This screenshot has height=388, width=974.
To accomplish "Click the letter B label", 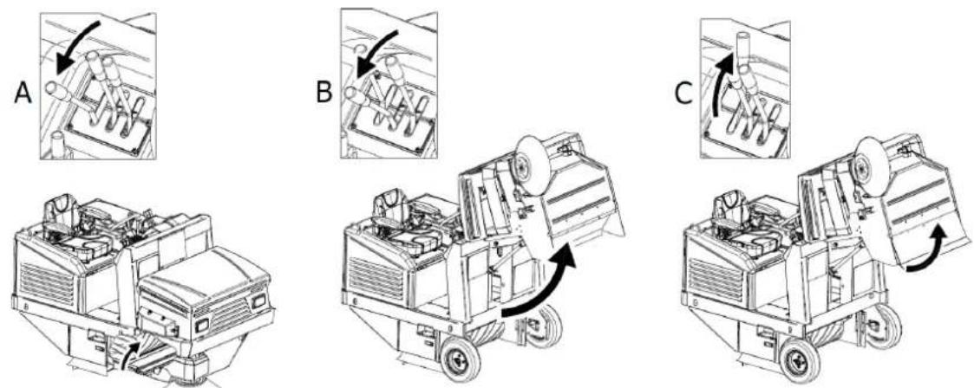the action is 324,92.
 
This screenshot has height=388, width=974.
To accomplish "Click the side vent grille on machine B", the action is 377,278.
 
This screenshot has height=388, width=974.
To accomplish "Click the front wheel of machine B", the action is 461,359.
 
